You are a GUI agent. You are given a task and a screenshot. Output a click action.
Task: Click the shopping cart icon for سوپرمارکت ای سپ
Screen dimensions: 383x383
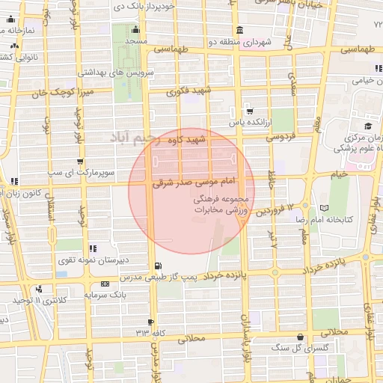pos(80,160)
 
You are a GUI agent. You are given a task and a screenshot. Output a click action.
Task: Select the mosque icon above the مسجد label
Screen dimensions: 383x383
pos(135,29)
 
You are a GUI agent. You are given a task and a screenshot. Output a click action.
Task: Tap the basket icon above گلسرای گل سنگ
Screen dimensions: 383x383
pos(300,337)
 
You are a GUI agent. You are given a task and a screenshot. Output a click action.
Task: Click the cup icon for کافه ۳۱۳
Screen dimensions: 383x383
pos(152,322)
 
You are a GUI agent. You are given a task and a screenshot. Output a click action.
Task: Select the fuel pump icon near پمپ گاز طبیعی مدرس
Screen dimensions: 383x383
pos(156,266)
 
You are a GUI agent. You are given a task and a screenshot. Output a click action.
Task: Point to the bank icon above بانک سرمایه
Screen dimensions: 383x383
pos(104,284)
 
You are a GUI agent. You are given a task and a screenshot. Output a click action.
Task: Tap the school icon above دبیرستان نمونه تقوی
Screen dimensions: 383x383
pos(92,248)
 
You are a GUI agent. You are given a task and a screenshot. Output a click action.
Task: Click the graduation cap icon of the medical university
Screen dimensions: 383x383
pos(368,126)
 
